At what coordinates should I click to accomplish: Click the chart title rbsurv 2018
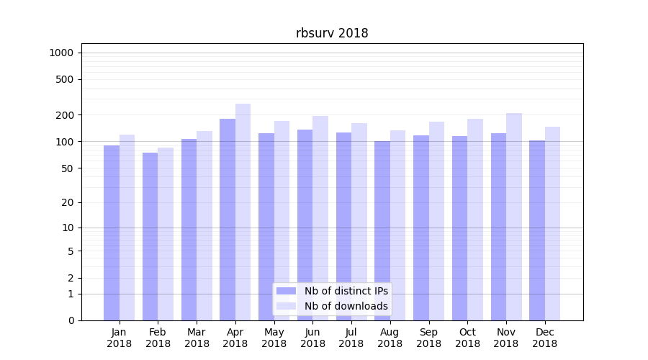pyautogui.click(x=332, y=33)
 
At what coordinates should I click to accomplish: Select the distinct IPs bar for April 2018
pyautogui.click(x=228, y=220)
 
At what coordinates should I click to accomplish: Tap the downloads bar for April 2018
pyautogui.click(x=243, y=212)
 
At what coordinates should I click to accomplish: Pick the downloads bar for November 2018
pyautogui.click(x=513, y=217)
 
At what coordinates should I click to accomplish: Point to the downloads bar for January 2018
pyautogui.click(x=127, y=228)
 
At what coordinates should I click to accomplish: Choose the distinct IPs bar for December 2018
pyautogui.click(x=537, y=230)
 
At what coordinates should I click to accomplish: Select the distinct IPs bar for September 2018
pyautogui.click(x=421, y=228)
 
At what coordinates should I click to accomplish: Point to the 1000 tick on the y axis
pyautogui.click(x=61, y=53)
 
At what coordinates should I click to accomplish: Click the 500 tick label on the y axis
pyautogui.click(x=64, y=79)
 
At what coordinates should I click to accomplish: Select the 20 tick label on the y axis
pyautogui.click(x=67, y=202)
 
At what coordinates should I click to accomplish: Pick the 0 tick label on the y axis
pyautogui.click(x=71, y=320)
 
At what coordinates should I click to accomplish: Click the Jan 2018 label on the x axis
pyautogui.click(x=120, y=338)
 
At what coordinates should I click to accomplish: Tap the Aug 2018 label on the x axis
pyautogui.click(x=390, y=338)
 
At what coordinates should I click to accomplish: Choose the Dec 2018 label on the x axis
pyautogui.click(x=545, y=338)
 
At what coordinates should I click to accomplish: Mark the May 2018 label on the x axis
pyautogui.click(x=274, y=338)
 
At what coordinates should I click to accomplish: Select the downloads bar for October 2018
pyautogui.click(x=475, y=220)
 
